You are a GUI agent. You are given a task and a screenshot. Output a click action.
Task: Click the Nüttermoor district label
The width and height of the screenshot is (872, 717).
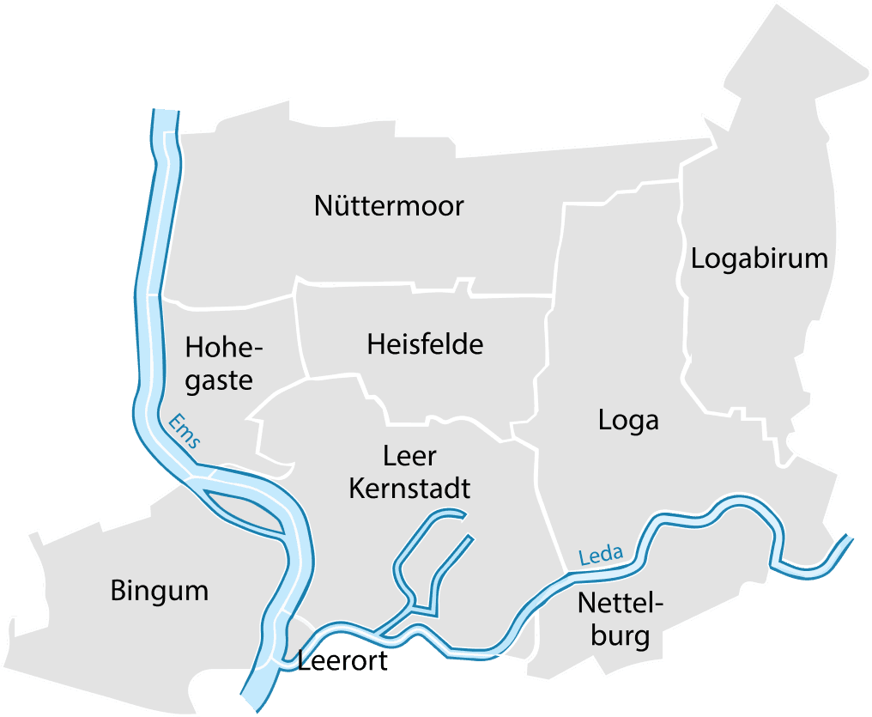[389, 206]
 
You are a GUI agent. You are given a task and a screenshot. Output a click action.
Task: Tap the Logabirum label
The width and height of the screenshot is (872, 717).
[759, 258]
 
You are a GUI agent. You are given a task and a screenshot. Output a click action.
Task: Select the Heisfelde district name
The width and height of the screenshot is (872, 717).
[425, 344]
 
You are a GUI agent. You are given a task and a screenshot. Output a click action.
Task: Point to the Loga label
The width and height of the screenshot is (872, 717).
[628, 420]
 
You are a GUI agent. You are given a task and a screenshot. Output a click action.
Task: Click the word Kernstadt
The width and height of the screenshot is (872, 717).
[409, 488]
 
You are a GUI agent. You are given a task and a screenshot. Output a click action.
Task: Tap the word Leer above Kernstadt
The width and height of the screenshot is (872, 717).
[409, 455]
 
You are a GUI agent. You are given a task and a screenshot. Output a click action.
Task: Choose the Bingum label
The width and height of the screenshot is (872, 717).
[160, 591]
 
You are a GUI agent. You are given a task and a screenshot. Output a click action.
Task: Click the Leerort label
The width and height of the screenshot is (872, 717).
[342, 662]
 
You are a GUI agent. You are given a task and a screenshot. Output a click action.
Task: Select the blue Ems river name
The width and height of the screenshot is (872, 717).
[185, 431]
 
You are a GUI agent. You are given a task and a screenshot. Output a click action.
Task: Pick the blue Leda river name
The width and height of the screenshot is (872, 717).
[600, 556]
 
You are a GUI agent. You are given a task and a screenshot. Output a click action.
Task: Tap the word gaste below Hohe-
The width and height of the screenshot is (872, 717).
[219, 380]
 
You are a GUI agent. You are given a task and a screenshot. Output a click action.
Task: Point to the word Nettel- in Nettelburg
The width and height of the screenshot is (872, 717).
[621, 603]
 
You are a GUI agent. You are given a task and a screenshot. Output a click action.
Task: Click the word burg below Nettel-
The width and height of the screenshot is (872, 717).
[620, 637]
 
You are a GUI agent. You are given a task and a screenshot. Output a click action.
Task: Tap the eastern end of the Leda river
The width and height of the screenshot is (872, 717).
[848, 540]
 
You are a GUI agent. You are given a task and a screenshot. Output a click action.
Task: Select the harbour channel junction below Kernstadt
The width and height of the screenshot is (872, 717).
[416, 606]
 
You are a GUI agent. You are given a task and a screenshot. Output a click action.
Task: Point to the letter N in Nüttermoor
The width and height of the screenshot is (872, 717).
[324, 206]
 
